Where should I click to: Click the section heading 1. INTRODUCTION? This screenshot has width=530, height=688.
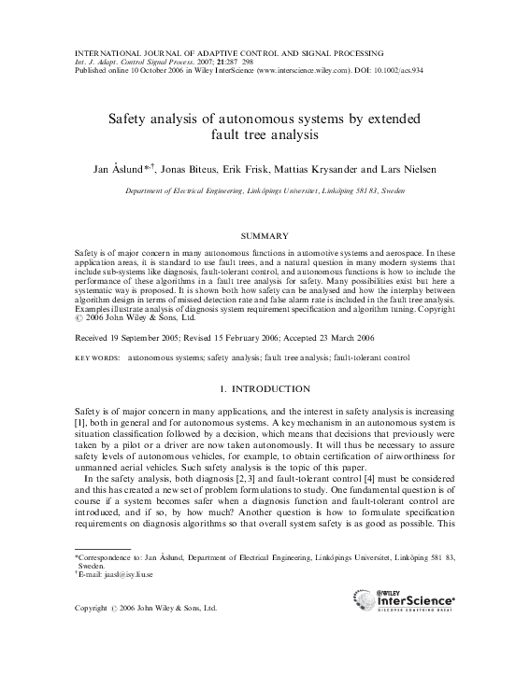point(265,387)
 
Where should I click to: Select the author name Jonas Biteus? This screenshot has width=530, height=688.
point(192,170)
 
